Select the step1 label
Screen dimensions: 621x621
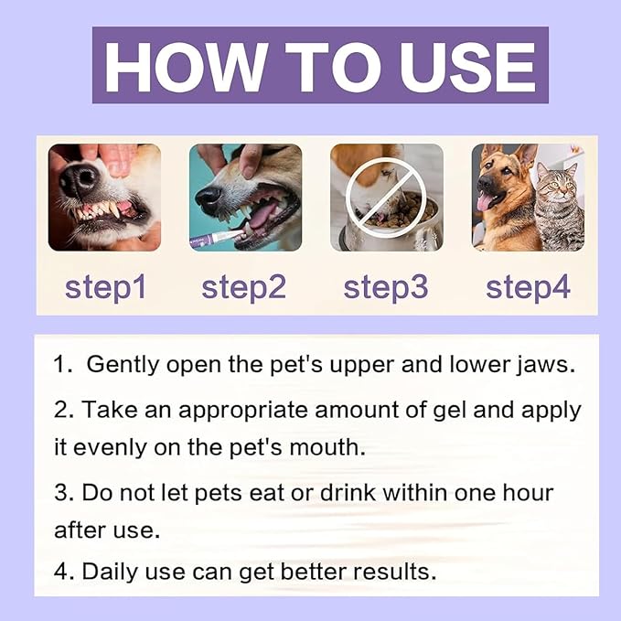[x=105, y=286]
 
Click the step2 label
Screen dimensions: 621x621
[x=244, y=286]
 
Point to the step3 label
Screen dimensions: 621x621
[x=386, y=286]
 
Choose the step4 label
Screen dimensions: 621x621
[x=528, y=286]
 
